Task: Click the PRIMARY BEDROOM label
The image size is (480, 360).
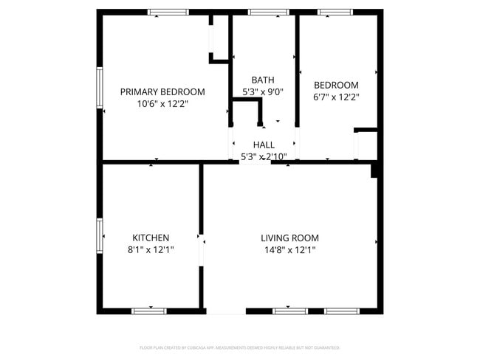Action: point(162,91)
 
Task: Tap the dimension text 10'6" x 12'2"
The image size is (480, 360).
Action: point(162,104)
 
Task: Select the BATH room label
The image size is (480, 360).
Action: point(263,80)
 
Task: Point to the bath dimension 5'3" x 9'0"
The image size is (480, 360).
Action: point(263,92)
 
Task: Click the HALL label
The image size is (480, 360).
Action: point(264,145)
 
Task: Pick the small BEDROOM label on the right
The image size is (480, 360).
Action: point(336,85)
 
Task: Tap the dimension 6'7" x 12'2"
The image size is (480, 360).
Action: point(336,97)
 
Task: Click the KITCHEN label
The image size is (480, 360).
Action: point(151,238)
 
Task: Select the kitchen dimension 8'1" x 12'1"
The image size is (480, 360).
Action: point(151,250)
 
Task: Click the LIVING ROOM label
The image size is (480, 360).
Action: point(289,238)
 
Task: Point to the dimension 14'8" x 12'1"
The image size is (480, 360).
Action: point(289,250)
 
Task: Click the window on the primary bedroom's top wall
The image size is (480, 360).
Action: point(168,12)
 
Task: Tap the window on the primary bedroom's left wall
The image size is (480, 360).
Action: point(100,88)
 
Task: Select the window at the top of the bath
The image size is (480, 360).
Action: point(268,12)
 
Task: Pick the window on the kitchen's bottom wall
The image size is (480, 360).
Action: point(149,311)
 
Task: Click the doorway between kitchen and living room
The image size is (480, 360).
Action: point(201,249)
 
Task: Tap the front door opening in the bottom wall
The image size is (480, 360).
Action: point(226,311)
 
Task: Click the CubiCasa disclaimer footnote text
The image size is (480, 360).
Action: point(239,347)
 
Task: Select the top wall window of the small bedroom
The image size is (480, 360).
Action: point(335,12)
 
